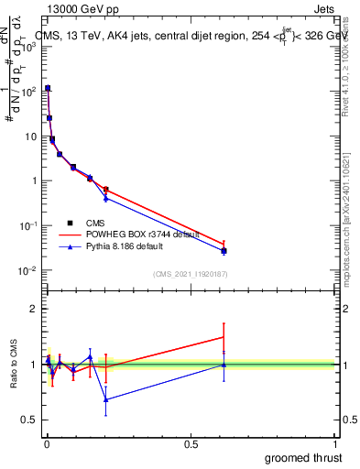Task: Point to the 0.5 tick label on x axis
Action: tap(191, 443)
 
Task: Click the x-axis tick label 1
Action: tap(335, 443)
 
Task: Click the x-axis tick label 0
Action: tap(47, 443)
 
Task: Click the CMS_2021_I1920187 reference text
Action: tap(189, 274)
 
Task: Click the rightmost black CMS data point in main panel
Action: tap(224, 250)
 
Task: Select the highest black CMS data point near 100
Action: tap(48, 88)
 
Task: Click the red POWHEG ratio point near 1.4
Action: tap(224, 337)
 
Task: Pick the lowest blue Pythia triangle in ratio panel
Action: tap(106, 399)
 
